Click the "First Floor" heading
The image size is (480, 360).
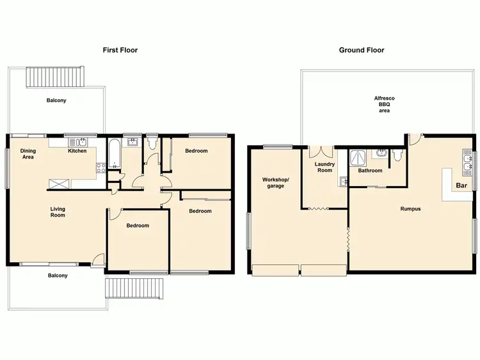click(x=120, y=50)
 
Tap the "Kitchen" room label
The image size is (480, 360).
click(x=77, y=152)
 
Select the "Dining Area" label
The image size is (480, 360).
click(x=28, y=154)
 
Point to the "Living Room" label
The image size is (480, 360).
click(x=58, y=212)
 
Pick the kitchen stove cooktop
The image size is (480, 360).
click(x=100, y=169)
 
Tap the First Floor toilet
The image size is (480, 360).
click(x=152, y=145)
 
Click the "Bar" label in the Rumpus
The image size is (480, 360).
click(x=460, y=186)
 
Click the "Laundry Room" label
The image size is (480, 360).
click(x=324, y=168)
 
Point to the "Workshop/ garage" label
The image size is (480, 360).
click(x=276, y=183)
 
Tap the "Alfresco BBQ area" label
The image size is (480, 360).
click(x=384, y=104)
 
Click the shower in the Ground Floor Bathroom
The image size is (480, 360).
click(x=356, y=157)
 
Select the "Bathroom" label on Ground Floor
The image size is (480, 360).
click(x=370, y=171)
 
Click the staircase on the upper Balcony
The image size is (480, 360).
click(x=54, y=77)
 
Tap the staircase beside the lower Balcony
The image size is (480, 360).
click(x=134, y=288)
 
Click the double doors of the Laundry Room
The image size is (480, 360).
click(x=321, y=153)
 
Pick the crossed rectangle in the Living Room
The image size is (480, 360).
click(x=60, y=184)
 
